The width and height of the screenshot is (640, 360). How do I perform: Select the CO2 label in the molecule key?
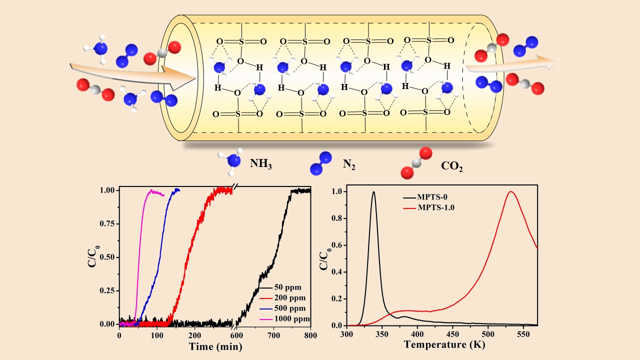point(452,166)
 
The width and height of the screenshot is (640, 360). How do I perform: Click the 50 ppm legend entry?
point(291,289)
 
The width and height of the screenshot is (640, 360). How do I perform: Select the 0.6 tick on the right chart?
point(339,245)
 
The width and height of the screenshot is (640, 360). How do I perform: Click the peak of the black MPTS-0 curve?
point(373,192)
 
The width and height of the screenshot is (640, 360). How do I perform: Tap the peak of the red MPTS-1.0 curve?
point(510,191)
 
